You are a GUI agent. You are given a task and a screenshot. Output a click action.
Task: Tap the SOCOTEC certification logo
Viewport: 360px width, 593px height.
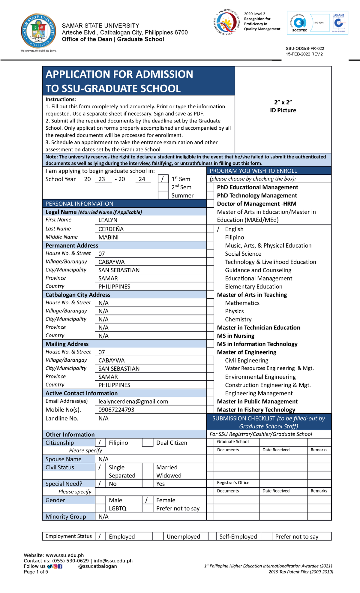[299, 24]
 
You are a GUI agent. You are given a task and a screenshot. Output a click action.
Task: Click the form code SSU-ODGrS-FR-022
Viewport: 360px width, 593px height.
[305, 48]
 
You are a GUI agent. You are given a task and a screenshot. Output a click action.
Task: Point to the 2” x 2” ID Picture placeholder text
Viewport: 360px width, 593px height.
[283, 106]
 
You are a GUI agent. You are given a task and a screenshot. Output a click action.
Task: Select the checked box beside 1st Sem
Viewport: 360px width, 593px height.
[163, 179]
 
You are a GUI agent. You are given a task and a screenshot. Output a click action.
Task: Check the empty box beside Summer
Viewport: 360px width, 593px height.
[163, 195]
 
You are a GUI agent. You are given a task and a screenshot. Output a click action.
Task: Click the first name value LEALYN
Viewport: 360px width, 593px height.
[108, 220]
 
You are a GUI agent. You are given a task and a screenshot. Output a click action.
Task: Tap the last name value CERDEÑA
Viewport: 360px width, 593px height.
[111, 229]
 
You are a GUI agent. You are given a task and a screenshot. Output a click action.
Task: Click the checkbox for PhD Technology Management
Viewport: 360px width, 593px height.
[210, 195]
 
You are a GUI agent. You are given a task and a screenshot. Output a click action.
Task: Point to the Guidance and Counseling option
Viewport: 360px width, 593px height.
[258, 270]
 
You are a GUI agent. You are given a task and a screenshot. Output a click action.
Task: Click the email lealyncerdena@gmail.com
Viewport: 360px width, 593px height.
[133, 402]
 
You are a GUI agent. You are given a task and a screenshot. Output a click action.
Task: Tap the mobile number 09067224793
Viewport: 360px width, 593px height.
[116, 410]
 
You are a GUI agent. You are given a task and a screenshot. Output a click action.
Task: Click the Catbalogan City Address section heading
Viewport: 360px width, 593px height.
[78, 295]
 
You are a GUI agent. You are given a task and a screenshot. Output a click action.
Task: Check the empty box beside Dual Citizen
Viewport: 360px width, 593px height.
[147, 443]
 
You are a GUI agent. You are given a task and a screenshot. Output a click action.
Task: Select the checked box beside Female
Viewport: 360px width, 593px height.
[147, 500]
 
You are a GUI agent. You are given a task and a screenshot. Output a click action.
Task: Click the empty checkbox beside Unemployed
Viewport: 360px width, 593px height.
[158, 536]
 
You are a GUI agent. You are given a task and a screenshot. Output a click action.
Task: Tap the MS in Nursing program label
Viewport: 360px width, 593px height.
[235, 336]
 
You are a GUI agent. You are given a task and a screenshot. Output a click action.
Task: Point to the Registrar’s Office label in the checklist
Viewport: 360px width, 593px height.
[233, 483]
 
